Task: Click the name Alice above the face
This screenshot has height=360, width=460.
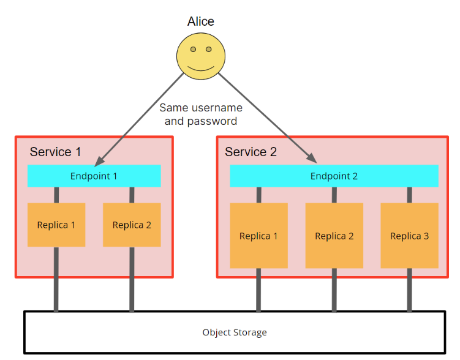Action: click(x=201, y=21)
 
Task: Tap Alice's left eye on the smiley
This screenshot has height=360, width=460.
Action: click(x=193, y=49)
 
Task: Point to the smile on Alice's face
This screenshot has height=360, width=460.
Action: click(x=201, y=66)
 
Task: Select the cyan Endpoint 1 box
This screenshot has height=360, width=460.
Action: click(x=94, y=176)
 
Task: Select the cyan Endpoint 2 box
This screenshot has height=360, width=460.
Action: click(x=334, y=176)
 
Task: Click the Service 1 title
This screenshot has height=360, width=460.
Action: click(x=55, y=152)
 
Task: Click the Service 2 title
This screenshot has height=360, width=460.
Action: click(x=251, y=152)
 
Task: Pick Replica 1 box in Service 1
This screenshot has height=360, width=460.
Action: click(x=56, y=225)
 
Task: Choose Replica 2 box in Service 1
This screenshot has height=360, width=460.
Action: click(x=132, y=225)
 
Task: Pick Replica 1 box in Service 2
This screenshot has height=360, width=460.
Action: click(x=258, y=236)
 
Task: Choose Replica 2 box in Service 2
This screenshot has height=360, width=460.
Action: click(x=334, y=236)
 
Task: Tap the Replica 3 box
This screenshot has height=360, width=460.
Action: click(x=409, y=236)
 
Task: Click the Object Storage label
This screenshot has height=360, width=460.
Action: click(x=235, y=332)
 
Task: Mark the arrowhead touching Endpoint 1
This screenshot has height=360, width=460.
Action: click(x=98, y=162)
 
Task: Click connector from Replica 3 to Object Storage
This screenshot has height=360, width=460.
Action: click(x=409, y=290)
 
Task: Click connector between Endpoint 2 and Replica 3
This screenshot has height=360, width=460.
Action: click(x=409, y=195)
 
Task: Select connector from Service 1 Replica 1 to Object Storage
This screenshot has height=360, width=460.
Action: click(x=56, y=279)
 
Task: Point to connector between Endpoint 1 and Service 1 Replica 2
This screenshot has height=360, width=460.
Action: click(x=132, y=195)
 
